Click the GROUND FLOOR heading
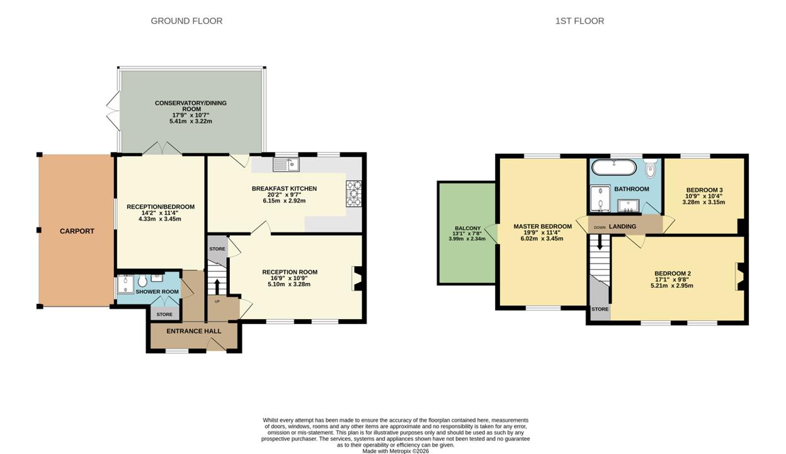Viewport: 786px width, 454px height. click(x=186, y=21)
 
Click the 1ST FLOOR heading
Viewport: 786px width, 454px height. click(x=579, y=21)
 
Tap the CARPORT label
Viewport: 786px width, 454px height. click(x=77, y=231)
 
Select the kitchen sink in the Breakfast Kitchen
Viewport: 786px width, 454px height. click(x=286, y=165)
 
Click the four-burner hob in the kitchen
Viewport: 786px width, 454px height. click(x=354, y=194)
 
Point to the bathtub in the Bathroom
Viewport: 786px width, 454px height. click(x=613, y=167)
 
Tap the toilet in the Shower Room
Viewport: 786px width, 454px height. click(x=142, y=281)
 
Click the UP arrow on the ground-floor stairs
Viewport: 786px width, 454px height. click(x=217, y=287)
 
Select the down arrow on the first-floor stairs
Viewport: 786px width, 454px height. click(x=600, y=243)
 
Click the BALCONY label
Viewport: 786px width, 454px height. click(x=467, y=228)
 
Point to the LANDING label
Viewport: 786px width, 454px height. click(x=622, y=226)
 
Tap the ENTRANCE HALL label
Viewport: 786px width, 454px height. click(x=194, y=332)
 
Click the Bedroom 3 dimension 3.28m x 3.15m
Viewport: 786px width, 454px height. click(x=703, y=202)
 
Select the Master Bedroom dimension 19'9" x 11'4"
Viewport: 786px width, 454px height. click(x=542, y=233)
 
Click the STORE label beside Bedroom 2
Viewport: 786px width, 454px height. click(x=600, y=309)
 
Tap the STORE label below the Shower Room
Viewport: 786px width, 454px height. click(x=164, y=315)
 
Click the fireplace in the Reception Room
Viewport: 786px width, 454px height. click(x=358, y=278)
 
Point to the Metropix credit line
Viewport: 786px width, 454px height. click(x=396, y=451)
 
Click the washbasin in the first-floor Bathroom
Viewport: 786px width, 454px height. click(x=628, y=206)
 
